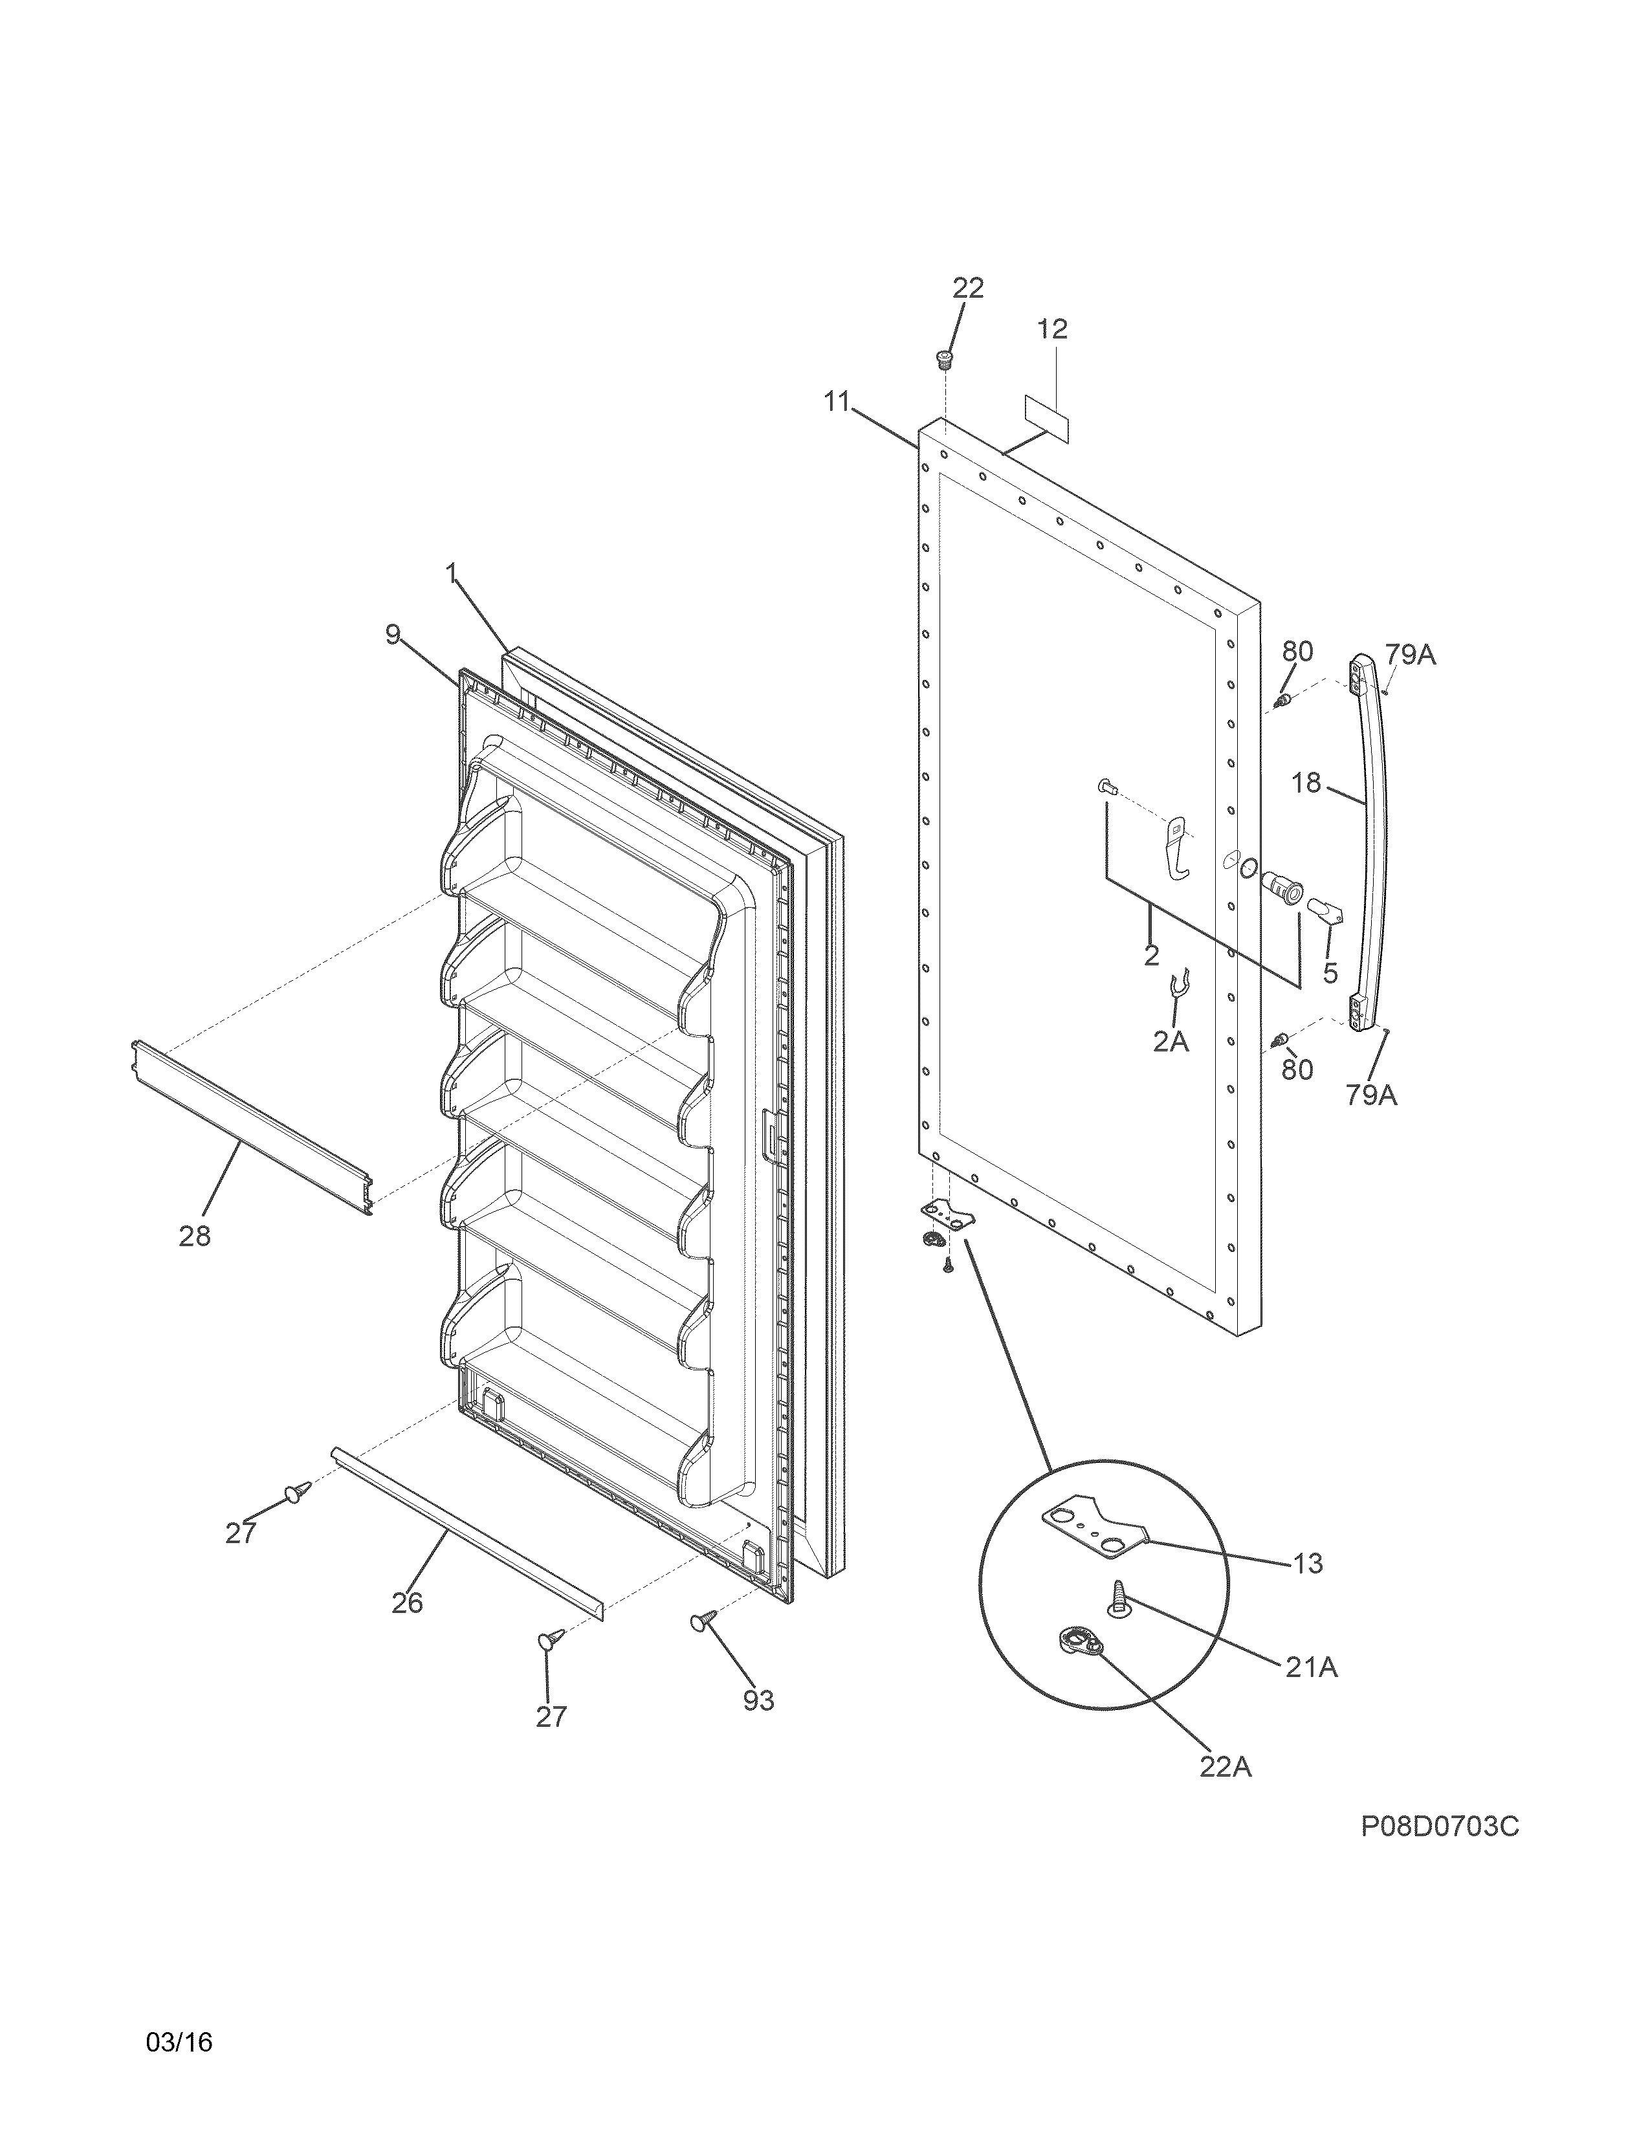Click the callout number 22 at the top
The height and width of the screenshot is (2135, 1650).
(968, 289)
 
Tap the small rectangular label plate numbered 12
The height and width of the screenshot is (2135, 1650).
(1046, 419)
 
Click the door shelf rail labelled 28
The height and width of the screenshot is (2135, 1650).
(252, 1128)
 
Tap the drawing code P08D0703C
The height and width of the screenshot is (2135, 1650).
(1440, 1826)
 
